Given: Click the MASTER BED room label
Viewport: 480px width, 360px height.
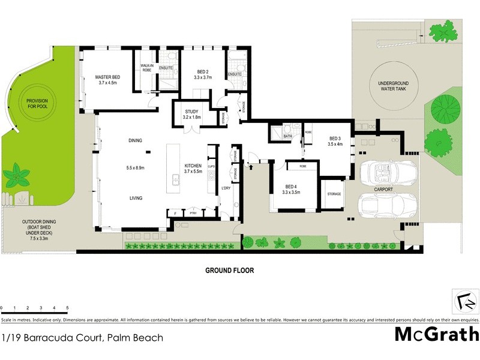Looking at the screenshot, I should click(109, 77).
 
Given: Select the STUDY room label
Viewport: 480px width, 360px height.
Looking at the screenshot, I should click(191, 111).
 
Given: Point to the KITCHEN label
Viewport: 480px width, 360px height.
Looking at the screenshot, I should click(193, 166).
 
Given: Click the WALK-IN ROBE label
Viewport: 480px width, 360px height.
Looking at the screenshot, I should click(147, 68).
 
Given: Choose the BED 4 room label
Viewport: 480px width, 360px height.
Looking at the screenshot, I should click(292, 186).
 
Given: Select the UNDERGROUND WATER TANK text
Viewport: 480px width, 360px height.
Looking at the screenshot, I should click(389, 86).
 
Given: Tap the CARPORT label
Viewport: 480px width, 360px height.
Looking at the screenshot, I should click(383, 190).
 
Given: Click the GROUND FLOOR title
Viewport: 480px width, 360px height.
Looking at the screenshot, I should click(230, 271).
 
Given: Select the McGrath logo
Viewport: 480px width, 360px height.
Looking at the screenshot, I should click(436, 334).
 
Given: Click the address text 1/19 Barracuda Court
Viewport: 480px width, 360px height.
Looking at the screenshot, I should click(82, 338).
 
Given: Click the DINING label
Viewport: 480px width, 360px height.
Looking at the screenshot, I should click(135, 140).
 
